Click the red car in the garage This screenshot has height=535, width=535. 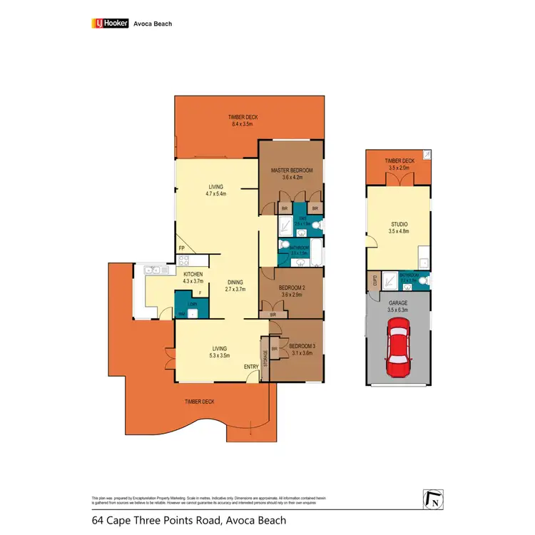[x=399, y=348]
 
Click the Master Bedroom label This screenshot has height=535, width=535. [x=291, y=170]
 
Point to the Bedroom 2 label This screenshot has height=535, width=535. [x=291, y=288]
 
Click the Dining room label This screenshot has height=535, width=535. [x=235, y=282]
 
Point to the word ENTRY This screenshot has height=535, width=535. [x=251, y=367]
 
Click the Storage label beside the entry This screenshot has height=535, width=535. [x=265, y=355]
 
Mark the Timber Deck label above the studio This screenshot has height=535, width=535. [x=399, y=161]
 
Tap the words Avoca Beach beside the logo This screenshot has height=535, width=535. [x=153, y=24]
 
